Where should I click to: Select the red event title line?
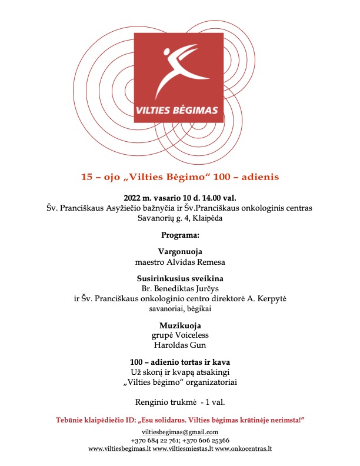click(x=180, y=176)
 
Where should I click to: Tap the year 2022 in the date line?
click(x=133, y=198)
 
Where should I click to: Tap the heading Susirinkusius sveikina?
click(x=180, y=278)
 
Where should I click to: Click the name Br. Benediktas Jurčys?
click(x=180, y=288)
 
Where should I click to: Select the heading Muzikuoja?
click(x=180, y=325)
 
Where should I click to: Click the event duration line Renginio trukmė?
click(x=180, y=402)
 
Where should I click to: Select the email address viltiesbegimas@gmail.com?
click(x=180, y=432)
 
